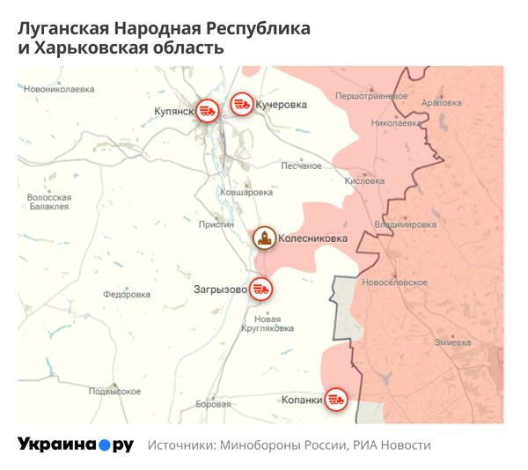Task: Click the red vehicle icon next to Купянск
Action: pos(208,111)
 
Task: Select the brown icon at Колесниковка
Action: pos(263,238)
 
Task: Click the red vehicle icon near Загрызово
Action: pos(260,288)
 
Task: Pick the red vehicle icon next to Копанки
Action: pos(335,400)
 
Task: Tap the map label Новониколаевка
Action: pos(59,89)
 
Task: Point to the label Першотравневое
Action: pos(370,95)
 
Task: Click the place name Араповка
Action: pos(442,103)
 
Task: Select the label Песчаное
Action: pos(301,165)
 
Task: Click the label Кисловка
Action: pos(364,180)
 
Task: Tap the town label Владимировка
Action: pos(405,224)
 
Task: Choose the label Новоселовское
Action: pos(394,283)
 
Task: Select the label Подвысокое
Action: pos(115,391)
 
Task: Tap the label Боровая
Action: pos(213,404)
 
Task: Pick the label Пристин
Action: pos(216,224)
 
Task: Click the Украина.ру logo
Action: pos(76,444)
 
